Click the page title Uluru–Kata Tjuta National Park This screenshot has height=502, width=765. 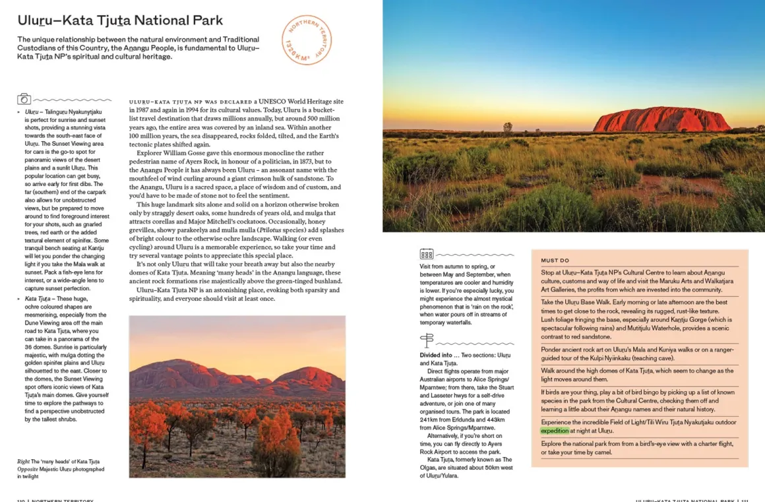pyautogui.click(x=120, y=20)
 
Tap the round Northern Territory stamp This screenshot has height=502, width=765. pyautogui.click(x=306, y=40)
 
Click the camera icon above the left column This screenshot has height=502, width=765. pyautogui.click(x=24, y=99)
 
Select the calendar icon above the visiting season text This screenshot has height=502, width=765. pyautogui.click(x=427, y=253)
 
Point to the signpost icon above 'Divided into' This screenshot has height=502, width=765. pyautogui.click(x=427, y=340)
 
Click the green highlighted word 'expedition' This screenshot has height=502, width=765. pyautogui.click(x=555, y=431)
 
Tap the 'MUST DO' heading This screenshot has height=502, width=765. pyautogui.click(x=555, y=261)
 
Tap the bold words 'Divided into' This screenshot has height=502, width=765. pyautogui.click(x=436, y=355)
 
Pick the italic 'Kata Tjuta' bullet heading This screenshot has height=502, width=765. pyautogui.click(x=37, y=299)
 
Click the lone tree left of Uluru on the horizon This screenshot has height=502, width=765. pyautogui.click(x=507, y=127)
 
